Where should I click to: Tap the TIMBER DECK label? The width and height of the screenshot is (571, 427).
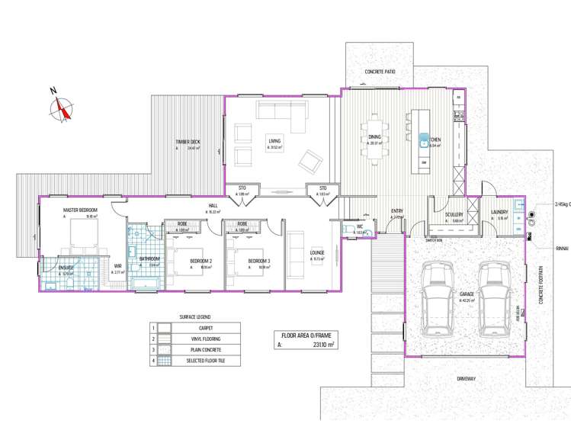pos(188,142)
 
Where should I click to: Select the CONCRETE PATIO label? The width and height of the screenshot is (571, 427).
pos(385,72)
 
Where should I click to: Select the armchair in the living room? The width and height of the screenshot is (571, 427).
pos(310,161)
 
